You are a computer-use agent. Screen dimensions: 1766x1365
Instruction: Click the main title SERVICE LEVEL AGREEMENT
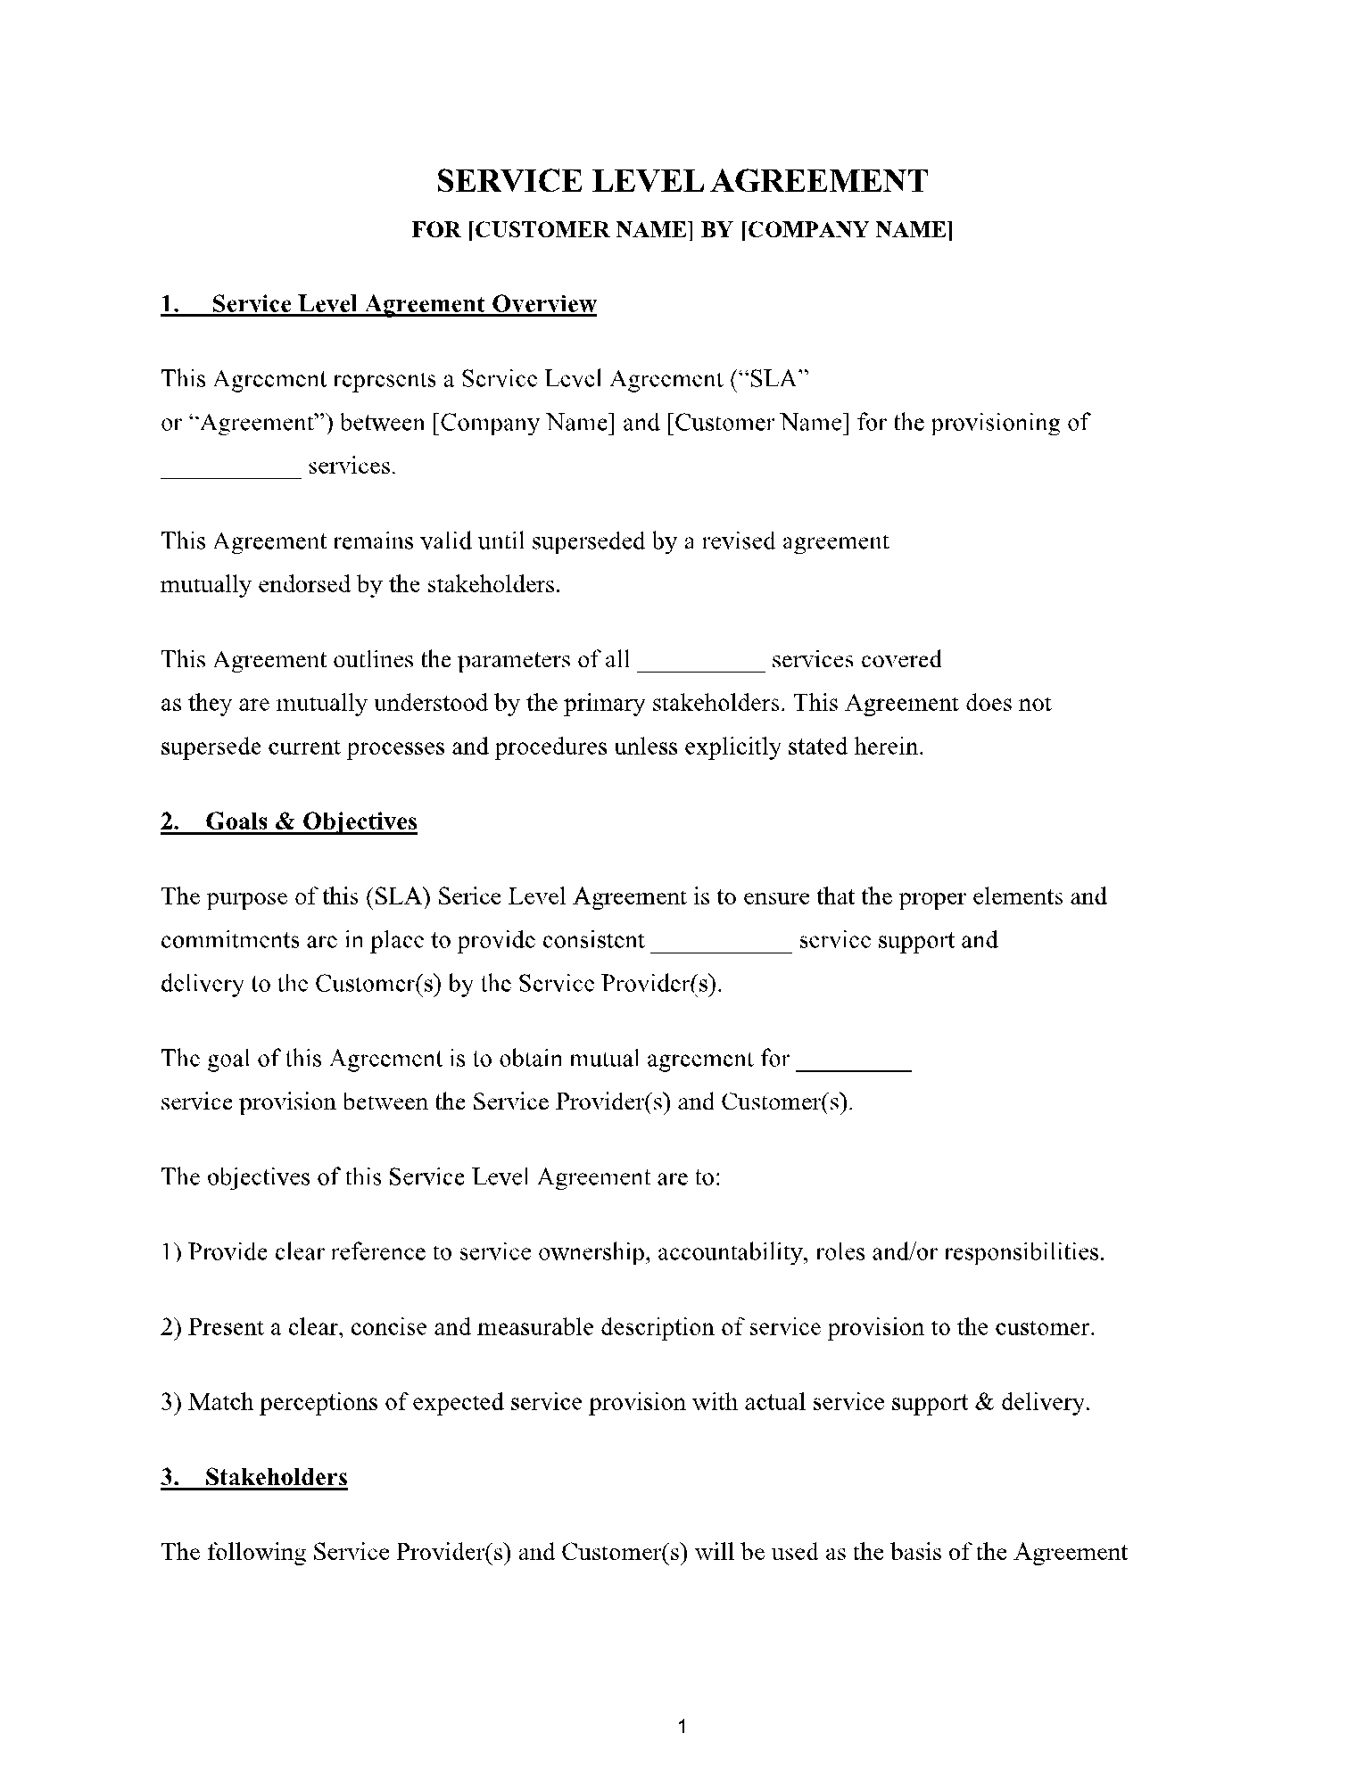[682, 181]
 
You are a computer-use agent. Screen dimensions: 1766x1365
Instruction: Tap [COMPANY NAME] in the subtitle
[848, 231]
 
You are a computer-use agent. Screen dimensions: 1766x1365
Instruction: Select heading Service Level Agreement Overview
[404, 305]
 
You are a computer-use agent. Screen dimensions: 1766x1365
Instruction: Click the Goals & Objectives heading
[310, 821]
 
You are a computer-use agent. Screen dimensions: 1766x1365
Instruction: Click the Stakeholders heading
[276, 1478]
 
